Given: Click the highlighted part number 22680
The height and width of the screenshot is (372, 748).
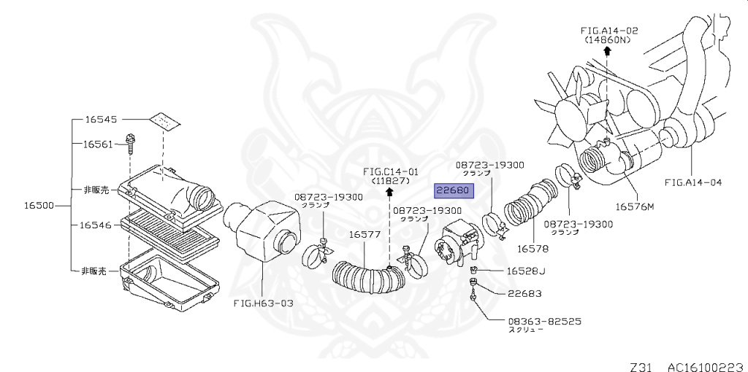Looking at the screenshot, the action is pyautogui.click(x=454, y=190).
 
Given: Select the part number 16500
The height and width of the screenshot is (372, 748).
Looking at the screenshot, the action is pyautogui.click(x=39, y=206).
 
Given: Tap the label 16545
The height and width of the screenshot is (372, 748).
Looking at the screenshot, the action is pyautogui.click(x=101, y=119).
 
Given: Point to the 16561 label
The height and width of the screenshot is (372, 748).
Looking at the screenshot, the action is pyautogui.click(x=99, y=144).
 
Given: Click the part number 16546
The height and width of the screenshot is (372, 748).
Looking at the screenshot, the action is pyautogui.click(x=95, y=225).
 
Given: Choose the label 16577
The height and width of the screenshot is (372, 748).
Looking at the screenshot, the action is pyautogui.click(x=365, y=234).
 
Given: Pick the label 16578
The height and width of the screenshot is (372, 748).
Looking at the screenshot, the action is pyautogui.click(x=533, y=248).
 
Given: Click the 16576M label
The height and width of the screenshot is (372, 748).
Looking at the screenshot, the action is pyautogui.click(x=635, y=206).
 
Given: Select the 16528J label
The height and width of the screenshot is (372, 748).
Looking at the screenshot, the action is pyautogui.click(x=526, y=271).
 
